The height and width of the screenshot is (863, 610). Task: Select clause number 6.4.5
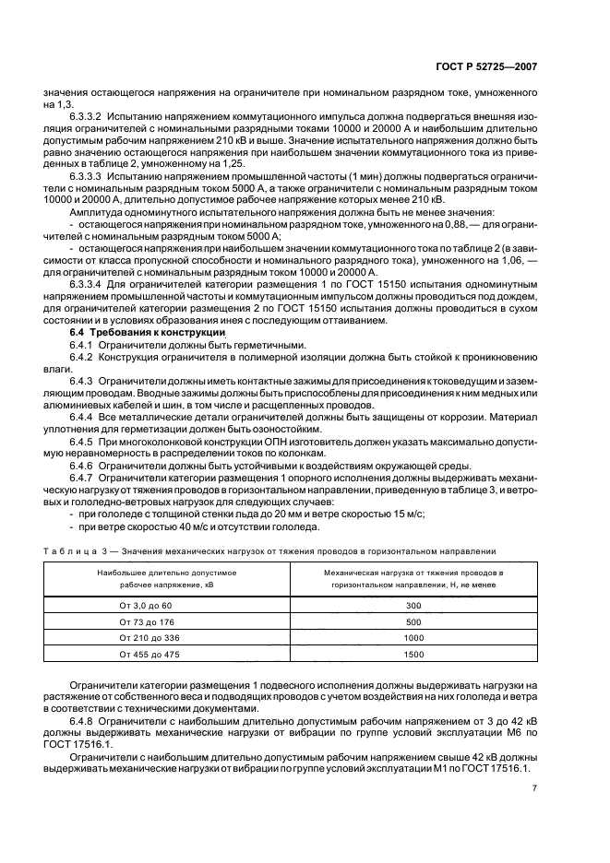tap(86, 443)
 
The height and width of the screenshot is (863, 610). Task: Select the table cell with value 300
tap(413, 605)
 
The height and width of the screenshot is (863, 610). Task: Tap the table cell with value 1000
tap(413, 638)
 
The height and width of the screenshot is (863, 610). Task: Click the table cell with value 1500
tap(413, 655)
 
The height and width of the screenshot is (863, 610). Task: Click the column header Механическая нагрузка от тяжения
tap(413, 573)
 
